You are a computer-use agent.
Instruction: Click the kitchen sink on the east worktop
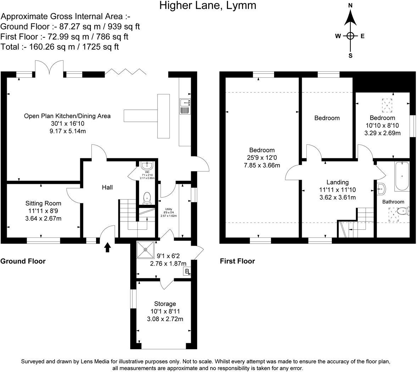(x=185, y=106)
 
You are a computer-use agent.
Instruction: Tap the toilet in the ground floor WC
(x=147, y=198)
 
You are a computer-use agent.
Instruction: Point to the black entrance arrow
(x=107, y=247)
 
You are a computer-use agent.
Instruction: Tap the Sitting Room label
(x=43, y=203)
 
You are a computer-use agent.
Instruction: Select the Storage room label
(x=165, y=304)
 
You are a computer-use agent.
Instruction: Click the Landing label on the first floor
(x=337, y=182)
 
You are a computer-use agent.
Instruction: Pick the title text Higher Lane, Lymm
(x=207, y=6)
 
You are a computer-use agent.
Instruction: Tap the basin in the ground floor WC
(x=146, y=165)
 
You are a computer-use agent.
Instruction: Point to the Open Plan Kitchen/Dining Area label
(x=67, y=116)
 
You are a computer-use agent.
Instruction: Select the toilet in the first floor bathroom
(x=402, y=212)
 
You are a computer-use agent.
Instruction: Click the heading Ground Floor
(x=23, y=261)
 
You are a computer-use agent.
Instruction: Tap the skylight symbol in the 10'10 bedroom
(x=388, y=105)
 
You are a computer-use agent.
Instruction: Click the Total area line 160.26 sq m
(x=60, y=47)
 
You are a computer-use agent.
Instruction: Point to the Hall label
(x=107, y=187)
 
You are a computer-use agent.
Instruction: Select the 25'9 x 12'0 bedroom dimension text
(x=262, y=158)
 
